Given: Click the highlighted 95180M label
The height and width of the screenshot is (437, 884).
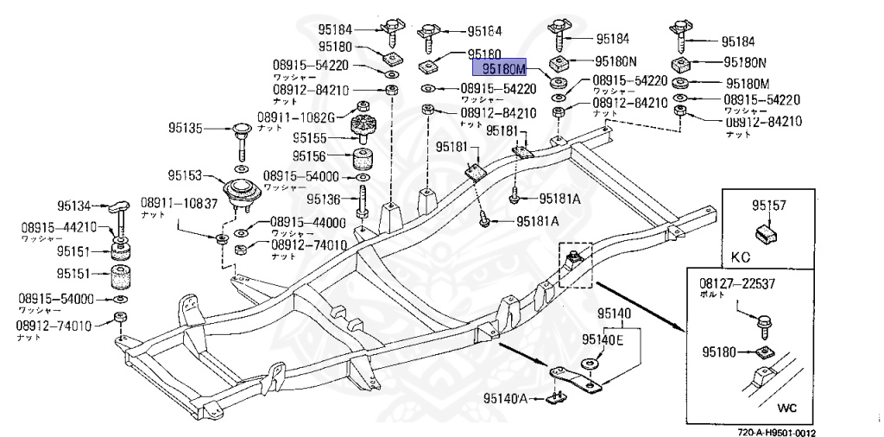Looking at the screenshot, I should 503,66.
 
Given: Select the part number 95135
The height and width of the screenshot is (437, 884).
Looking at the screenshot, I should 186,129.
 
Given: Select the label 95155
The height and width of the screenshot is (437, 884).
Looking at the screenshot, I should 310,137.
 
